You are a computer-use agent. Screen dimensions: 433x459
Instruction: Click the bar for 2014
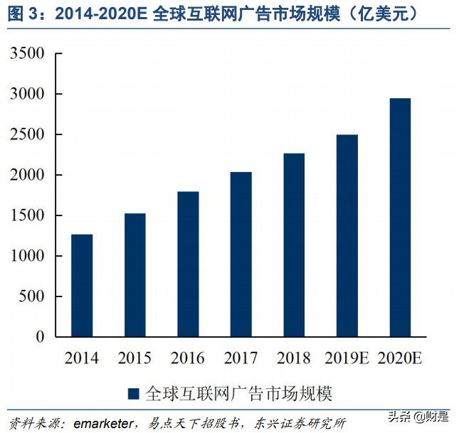click(82, 285)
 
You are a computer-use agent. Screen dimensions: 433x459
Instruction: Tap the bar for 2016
click(188, 264)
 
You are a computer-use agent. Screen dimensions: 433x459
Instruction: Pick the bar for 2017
click(241, 254)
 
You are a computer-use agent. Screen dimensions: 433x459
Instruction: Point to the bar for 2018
click(293, 245)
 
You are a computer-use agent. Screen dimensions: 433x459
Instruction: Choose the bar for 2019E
click(347, 235)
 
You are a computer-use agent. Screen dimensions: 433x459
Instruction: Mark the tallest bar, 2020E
click(399, 217)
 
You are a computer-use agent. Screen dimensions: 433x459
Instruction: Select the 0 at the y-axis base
click(40, 338)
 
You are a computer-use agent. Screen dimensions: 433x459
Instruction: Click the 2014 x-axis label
click(81, 358)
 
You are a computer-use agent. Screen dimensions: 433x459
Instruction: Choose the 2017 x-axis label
click(241, 358)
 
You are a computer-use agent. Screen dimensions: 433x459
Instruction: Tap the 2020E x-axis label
click(399, 358)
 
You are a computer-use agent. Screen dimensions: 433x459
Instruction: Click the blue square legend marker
click(133, 393)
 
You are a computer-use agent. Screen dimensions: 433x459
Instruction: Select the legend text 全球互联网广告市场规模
click(238, 393)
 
